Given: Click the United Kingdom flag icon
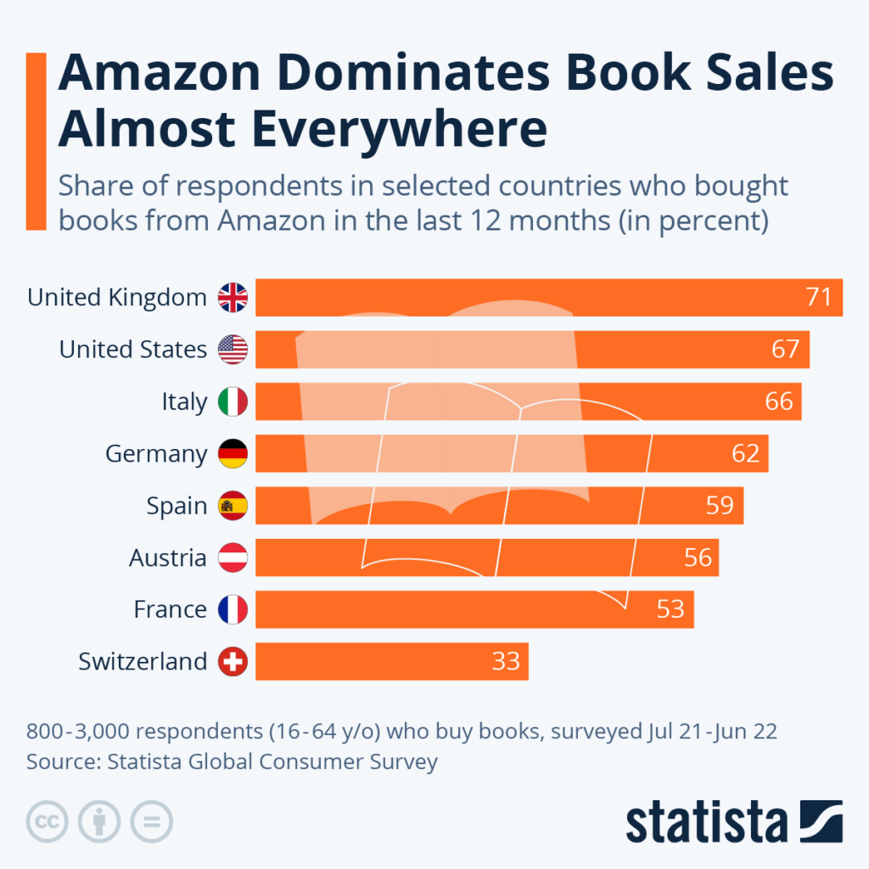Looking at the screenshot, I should point(233,297).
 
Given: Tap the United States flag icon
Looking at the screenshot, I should point(233,349).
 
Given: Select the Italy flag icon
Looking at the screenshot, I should point(233,401).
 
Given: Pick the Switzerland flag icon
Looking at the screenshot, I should point(233,661).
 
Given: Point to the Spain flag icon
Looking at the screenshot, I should point(233,506).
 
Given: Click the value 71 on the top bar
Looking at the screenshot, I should point(819,297).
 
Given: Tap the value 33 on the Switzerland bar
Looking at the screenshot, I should point(506,661).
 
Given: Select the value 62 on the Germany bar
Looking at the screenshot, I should point(745,453).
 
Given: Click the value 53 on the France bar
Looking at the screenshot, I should point(670,609).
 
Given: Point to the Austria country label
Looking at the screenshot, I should point(167,558).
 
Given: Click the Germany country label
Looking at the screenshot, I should point(155,454).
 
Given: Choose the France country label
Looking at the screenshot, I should point(170,609).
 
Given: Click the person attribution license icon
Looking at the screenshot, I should point(99,821).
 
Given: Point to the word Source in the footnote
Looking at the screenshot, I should point(61,761).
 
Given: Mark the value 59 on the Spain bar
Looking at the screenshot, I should point(720,506).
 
